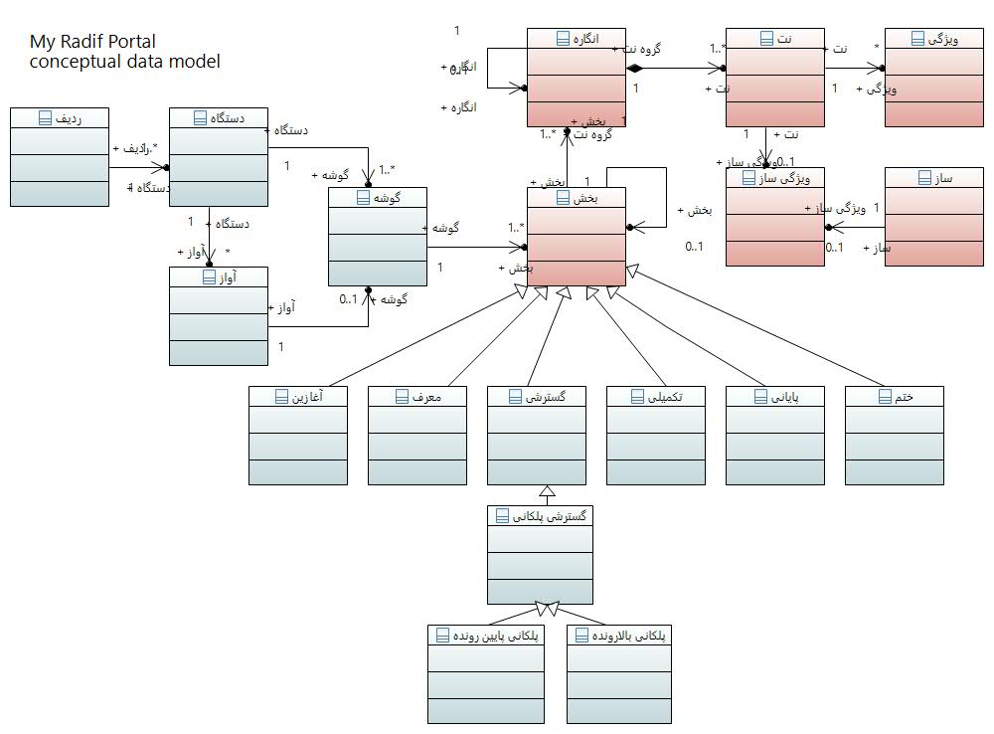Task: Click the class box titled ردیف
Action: click(x=60, y=156)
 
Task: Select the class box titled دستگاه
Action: click(x=219, y=156)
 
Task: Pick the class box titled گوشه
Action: click(x=378, y=236)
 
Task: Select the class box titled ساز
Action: click(x=934, y=216)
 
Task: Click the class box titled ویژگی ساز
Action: click(x=775, y=216)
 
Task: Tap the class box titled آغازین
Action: click(x=298, y=435)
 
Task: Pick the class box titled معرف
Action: click(x=417, y=435)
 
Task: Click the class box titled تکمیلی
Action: click(x=656, y=435)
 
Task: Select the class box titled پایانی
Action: click(x=775, y=435)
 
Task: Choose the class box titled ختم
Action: click(x=895, y=435)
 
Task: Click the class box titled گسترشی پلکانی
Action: click(x=541, y=554)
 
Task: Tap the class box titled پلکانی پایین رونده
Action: click(x=487, y=673)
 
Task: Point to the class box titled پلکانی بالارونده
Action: click(x=618, y=673)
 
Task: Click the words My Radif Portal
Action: click(x=92, y=42)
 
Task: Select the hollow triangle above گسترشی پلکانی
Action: click(x=545, y=491)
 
